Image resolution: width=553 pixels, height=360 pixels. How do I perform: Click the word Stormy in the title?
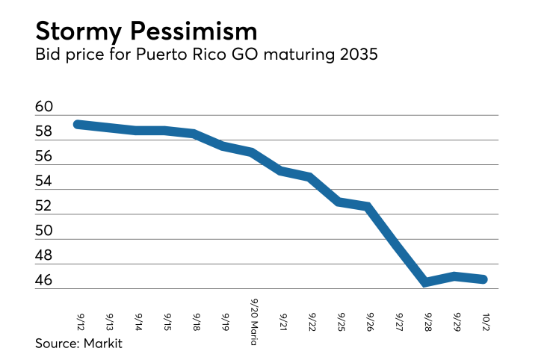tap(81, 31)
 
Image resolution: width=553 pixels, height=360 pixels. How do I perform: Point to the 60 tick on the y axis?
tap(44, 108)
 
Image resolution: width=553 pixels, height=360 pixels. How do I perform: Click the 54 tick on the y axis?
tap(44, 181)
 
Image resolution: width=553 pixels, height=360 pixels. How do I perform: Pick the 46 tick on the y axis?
tap(44, 281)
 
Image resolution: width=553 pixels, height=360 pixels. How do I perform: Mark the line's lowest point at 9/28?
tap(425, 282)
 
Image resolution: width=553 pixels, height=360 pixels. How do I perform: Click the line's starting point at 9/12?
tap(78, 124)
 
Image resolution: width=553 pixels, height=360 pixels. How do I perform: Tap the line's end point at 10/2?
tap(484, 279)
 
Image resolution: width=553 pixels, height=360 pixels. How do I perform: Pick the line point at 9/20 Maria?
tap(253, 152)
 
